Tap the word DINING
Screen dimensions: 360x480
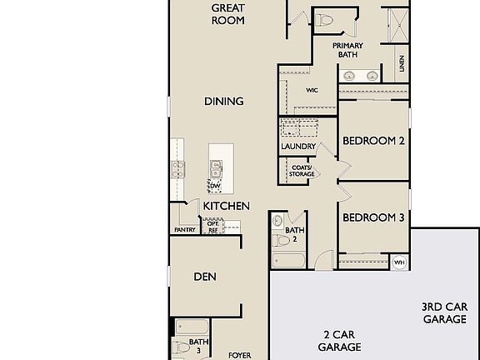224,102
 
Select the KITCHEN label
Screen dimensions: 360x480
227,206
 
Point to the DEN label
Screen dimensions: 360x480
206,277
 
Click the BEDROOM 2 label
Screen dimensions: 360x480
374,141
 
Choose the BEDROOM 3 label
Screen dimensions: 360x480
374,217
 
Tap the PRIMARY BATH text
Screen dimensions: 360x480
347,51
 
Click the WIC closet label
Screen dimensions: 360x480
312,90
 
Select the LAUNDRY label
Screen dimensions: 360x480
298,147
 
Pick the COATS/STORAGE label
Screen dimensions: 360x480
302,171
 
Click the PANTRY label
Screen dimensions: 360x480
185,230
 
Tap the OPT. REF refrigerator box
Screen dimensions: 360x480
212,227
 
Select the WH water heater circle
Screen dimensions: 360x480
399,262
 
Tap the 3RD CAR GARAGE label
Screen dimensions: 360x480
444,312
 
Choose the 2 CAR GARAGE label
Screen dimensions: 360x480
342,340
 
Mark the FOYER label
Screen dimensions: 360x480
240,355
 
